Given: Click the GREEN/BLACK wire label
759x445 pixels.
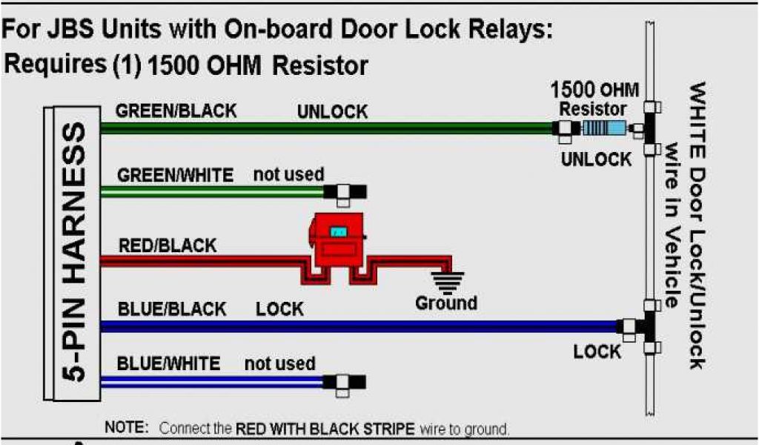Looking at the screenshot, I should tap(176, 111).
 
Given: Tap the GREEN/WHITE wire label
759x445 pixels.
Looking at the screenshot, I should tap(176, 176).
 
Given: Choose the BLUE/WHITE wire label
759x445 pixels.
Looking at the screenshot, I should tap(168, 364).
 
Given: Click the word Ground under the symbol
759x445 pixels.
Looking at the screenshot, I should tap(446, 303).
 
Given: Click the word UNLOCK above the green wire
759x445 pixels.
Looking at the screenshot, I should tap(332, 112).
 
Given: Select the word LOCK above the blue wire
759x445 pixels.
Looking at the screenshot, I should tap(279, 309).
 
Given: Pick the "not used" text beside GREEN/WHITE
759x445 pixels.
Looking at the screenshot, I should tap(288, 175).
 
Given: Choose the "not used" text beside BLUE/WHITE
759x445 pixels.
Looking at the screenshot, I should tap(279, 364).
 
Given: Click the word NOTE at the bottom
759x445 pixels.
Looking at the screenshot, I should tap(127, 428).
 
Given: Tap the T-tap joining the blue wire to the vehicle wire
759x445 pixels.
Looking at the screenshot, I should tap(643, 326).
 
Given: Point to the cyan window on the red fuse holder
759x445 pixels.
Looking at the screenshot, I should tap(340, 231).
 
